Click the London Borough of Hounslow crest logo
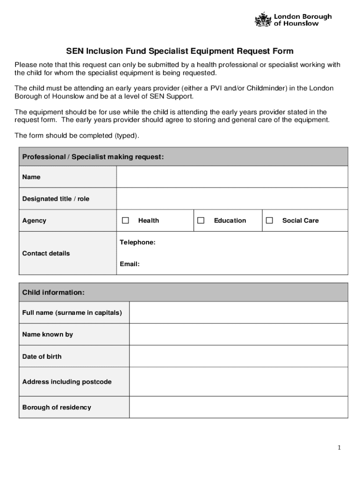(263, 20)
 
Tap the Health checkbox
(125, 220)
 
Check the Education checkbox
(201, 220)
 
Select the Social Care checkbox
(269, 220)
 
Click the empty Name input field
(232, 177)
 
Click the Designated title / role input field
(232, 199)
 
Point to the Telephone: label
(137, 242)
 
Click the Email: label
(130, 264)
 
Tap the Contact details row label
(46, 253)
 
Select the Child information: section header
(53, 292)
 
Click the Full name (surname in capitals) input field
(238, 312)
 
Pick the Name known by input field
(238, 334)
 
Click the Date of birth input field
(238, 356)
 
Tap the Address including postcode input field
(238, 382)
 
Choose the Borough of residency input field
(238, 407)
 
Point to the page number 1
(339, 448)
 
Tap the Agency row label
(34, 220)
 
